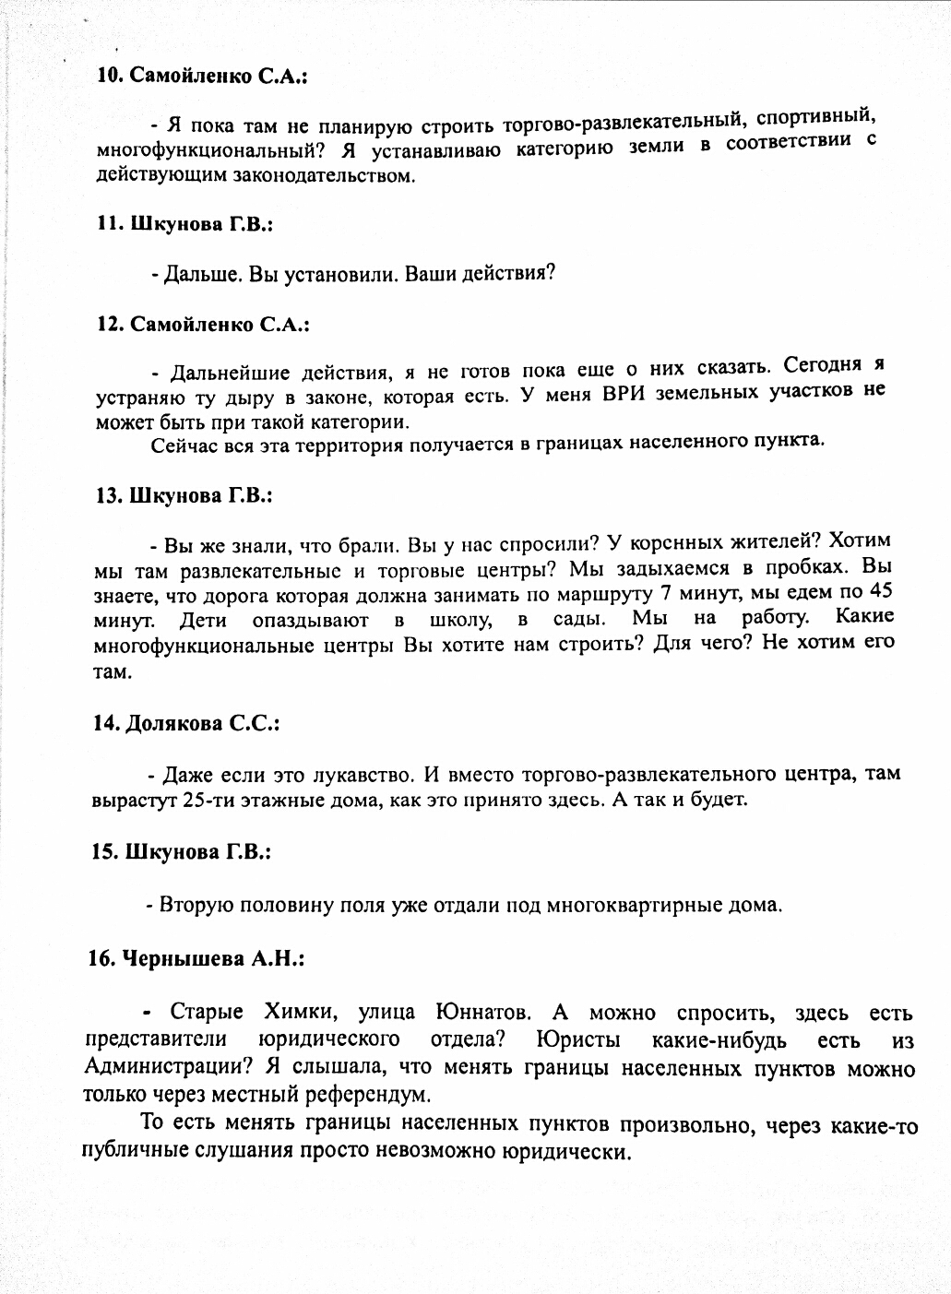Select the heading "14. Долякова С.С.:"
[x=186, y=724]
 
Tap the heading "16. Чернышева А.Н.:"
[x=196, y=959]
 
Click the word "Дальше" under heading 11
[x=193, y=274]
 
